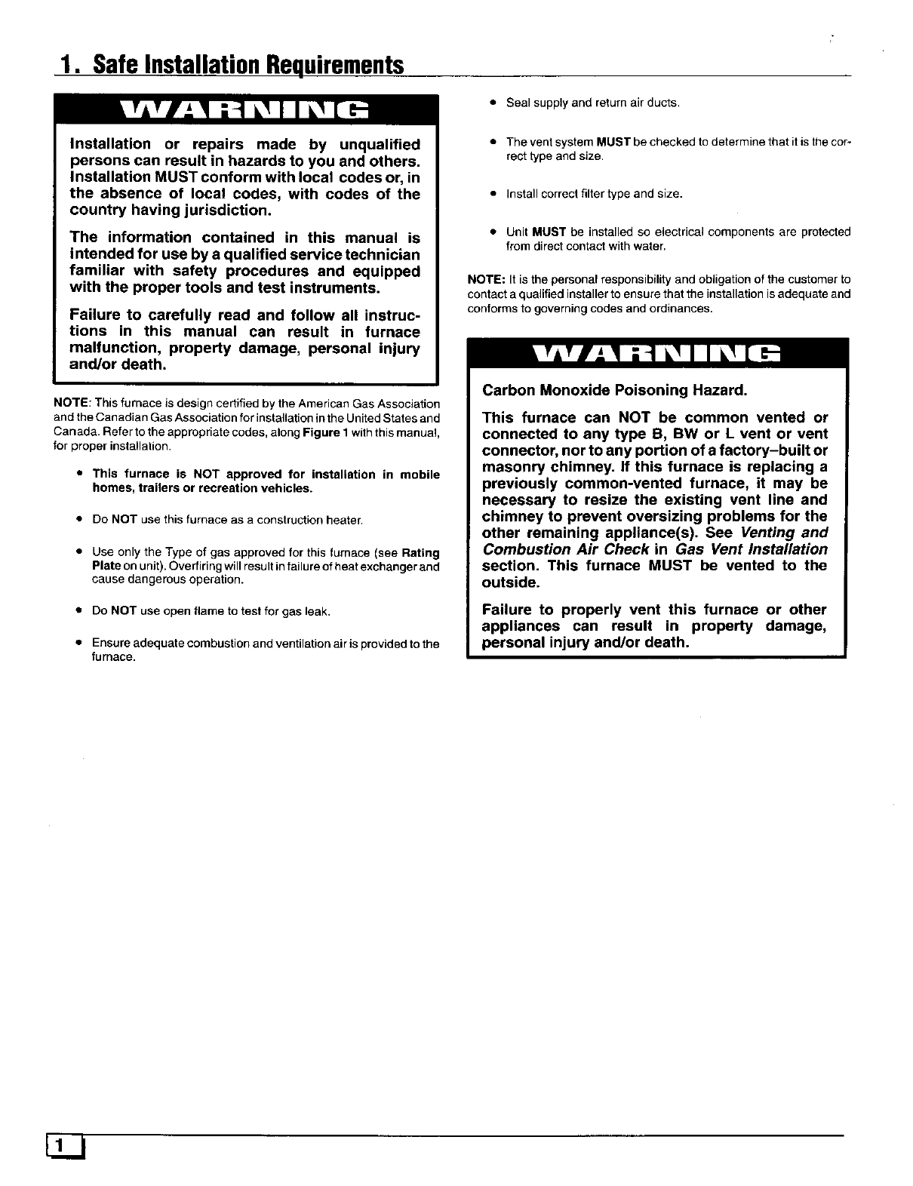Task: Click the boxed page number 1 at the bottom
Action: [67, 1146]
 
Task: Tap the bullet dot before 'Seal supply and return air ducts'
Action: [492, 103]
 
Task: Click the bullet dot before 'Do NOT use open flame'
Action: [78, 611]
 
